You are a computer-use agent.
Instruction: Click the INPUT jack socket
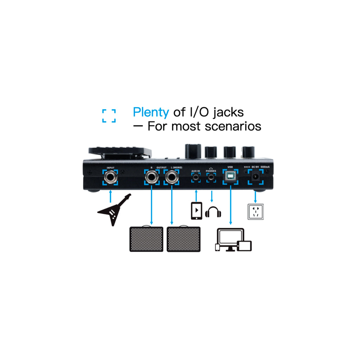111,177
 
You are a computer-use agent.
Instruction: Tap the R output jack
152,177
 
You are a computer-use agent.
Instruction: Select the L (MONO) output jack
172,177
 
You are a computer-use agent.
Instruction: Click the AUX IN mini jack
196,178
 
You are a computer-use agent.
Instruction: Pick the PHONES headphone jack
211,178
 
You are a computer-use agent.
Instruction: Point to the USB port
231,177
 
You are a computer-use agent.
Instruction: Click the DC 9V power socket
255,177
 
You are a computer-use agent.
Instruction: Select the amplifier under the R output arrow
147,239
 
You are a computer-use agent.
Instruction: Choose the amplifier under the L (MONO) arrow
184,239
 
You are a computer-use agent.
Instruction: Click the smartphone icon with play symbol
196,211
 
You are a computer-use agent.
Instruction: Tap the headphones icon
214,212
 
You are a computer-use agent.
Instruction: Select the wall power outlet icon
256,212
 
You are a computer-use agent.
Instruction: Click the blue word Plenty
151,112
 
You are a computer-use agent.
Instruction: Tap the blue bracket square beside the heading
109,116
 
